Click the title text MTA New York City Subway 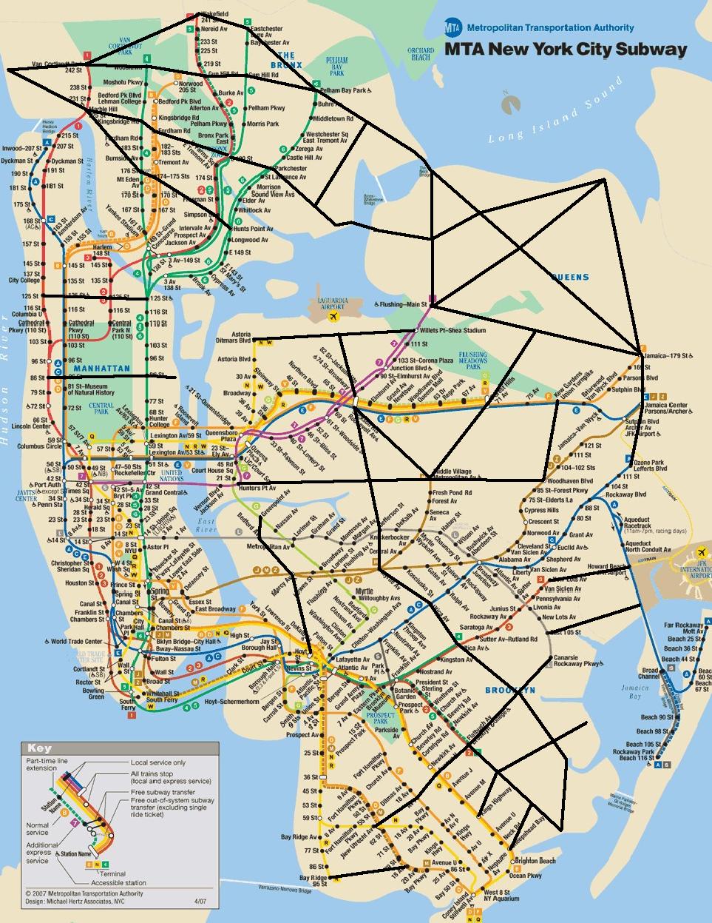click(566, 50)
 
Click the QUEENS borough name click(570, 278)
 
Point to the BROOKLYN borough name click(509, 690)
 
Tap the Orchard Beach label click(421, 54)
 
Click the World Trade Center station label click(76, 641)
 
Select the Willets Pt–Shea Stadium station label click(454, 330)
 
